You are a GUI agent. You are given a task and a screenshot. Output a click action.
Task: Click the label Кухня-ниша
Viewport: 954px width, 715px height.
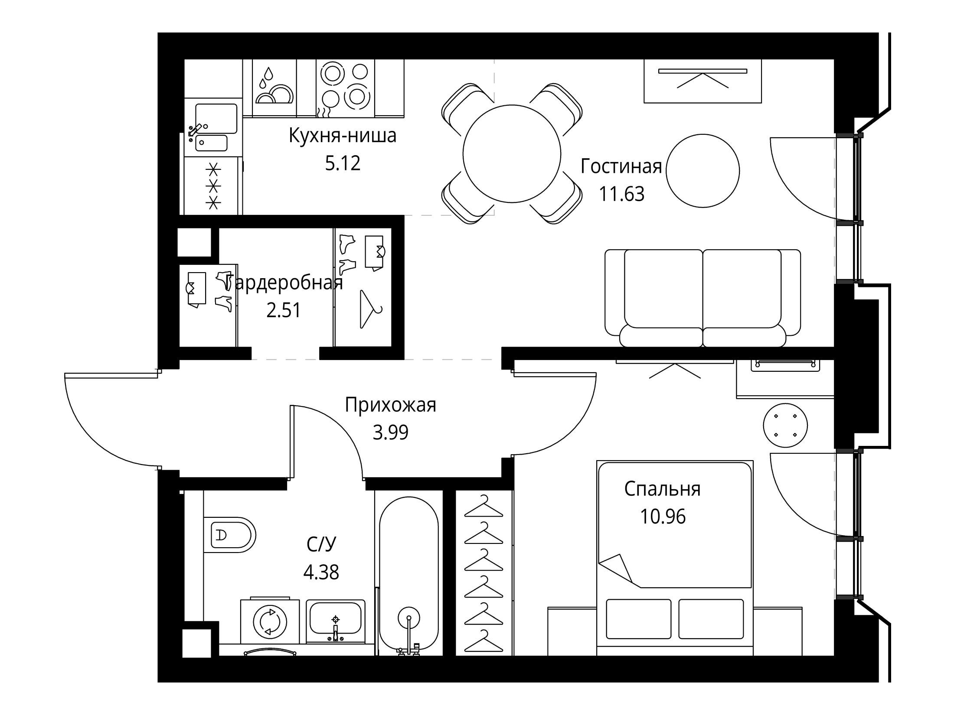[343, 136]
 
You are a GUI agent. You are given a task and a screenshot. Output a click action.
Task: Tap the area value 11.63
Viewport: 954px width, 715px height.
[621, 194]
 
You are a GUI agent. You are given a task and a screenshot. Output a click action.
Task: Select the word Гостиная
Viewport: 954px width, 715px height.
[621, 166]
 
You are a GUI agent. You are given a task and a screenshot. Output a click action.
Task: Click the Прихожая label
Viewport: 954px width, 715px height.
[390, 405]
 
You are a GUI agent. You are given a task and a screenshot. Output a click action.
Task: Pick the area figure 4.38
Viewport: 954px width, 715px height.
[321, 572]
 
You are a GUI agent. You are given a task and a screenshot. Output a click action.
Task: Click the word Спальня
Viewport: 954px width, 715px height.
[662, 489]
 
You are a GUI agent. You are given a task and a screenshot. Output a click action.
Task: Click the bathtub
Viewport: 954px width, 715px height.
[408, 576]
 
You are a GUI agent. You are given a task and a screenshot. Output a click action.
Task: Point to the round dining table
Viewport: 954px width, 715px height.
[512, 153]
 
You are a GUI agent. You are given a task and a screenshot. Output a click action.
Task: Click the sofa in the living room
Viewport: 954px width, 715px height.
[702, 298]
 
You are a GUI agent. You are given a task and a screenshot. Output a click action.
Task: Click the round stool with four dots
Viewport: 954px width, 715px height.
[785, 425]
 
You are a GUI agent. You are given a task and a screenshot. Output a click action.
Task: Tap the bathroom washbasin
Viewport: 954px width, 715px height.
[336, 621]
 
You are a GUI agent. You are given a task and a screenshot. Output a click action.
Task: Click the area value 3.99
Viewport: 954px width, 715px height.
[390, 432]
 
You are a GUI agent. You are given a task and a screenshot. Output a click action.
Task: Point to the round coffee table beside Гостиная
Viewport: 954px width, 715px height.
[702, 171]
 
